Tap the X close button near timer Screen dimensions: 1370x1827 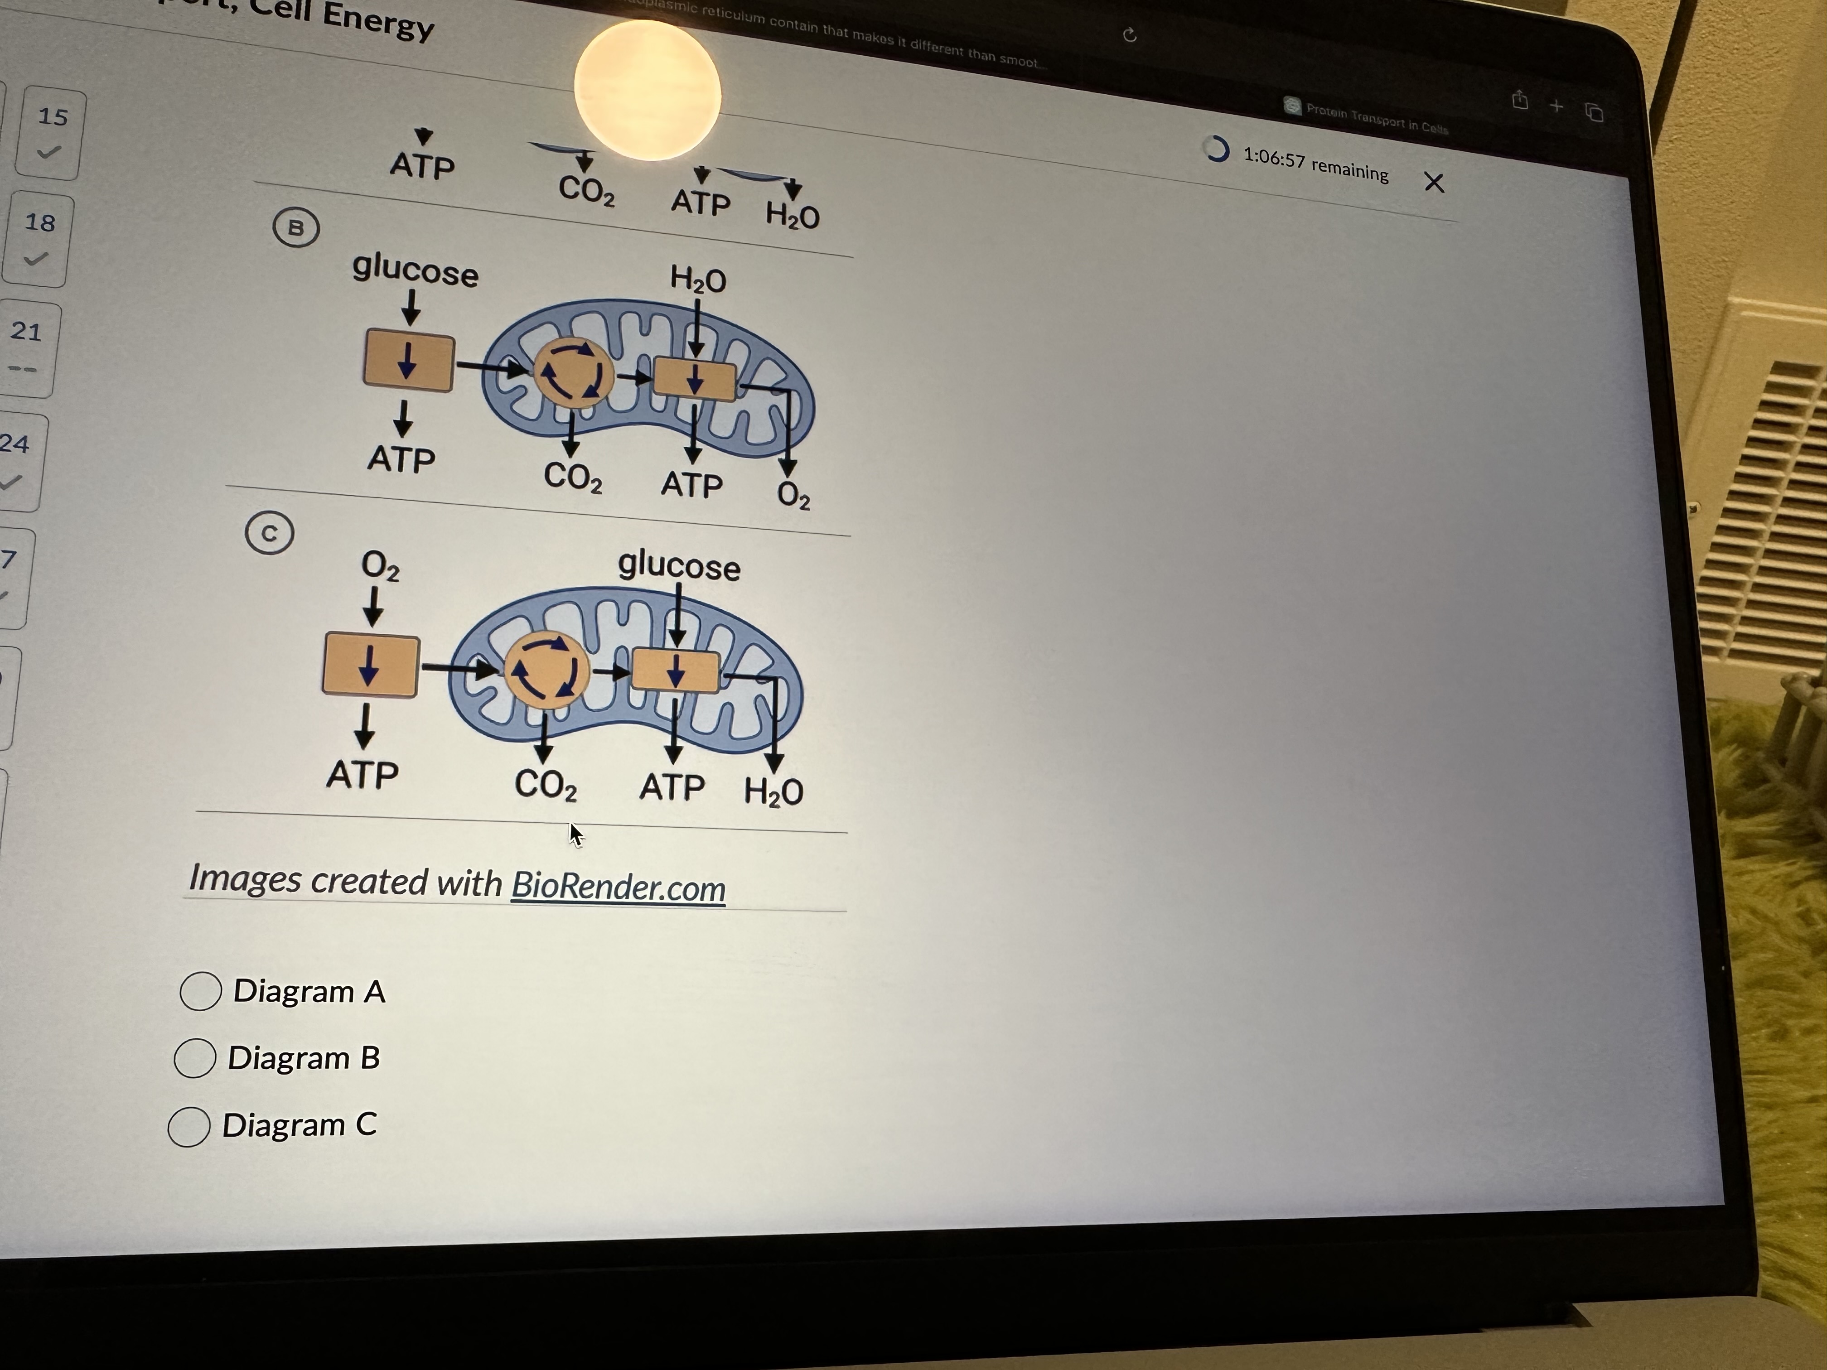click(x=1434, y=183)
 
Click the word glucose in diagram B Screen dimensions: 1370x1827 click(x=415, y=271)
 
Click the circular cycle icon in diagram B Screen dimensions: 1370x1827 click(x=572, y=373)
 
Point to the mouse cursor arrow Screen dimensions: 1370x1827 click(x=575, y=834)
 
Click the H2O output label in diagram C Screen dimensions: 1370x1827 click(x=773, y=791)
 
